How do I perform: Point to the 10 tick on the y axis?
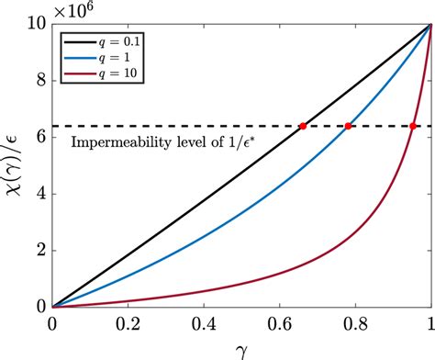click(37, 26)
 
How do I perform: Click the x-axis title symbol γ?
click(241, 347)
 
